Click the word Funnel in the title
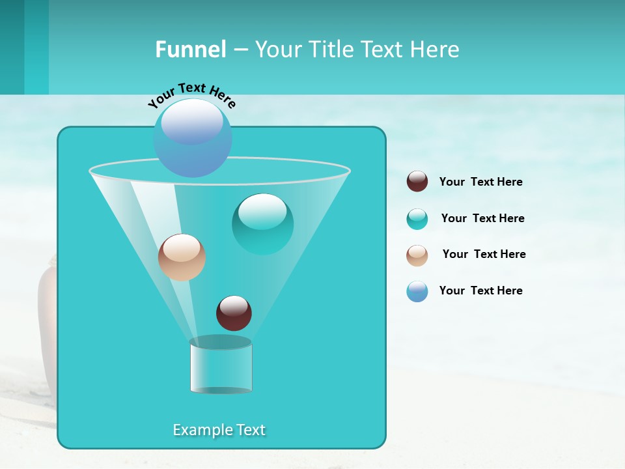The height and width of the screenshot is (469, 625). point(190,50)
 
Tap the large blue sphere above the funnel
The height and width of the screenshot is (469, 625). point(193,137)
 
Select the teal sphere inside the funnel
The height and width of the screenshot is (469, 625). point(262,224)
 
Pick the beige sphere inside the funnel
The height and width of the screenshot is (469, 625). point(182,257)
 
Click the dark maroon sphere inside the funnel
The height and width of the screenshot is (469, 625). point(234,313)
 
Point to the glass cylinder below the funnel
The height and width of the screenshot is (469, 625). point(221,366)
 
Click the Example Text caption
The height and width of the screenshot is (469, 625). point(219,430)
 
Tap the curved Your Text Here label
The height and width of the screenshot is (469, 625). point(191,96)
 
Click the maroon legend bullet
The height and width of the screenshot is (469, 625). point(417,182)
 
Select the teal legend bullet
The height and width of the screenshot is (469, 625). point(417,219)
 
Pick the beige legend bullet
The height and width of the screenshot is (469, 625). point(417,255)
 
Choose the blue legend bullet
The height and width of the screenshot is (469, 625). point(417,291)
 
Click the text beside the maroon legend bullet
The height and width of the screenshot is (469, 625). point(480,182)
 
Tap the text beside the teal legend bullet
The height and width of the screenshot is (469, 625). point(482,219)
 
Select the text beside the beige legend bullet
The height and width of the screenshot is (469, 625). point(484,255)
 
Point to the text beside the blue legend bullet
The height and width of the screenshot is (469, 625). point(480,291)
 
